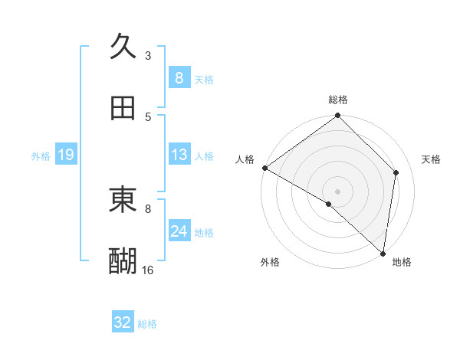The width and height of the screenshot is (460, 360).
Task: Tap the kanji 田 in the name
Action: [x=123, y=108]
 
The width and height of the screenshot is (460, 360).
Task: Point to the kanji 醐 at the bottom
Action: [x=123, y=261]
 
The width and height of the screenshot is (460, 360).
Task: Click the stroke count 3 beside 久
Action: [x=148, y=55]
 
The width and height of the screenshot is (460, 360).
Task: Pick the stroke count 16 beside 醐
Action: [x=148, y=270]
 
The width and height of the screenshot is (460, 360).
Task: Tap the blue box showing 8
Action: [x=179, y=77]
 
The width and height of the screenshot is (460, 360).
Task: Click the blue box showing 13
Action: [x=179, y=155]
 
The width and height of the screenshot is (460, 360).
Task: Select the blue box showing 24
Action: [x=179, y=231]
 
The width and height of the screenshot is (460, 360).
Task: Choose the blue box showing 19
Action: [x=65, y=155]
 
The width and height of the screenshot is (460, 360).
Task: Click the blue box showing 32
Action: [x=123, y=322]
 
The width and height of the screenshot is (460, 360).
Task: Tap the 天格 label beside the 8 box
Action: [x=204, y=79]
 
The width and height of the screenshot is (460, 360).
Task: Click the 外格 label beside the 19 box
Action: [x=41, y=155]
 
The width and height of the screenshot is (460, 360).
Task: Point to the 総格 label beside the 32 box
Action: [x=148, y=324]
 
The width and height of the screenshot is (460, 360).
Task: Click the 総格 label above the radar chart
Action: [x=338, y=100]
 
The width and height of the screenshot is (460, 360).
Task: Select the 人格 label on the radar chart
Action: [x=245, y=159]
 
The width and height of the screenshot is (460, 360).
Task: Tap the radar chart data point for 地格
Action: [x=383, y=253]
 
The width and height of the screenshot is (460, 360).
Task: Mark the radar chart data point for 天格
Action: [x=396, y=172]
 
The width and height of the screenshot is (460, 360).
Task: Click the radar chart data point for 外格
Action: [x=329, y=204]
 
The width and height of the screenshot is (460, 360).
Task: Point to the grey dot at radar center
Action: [x=337, y=191]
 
